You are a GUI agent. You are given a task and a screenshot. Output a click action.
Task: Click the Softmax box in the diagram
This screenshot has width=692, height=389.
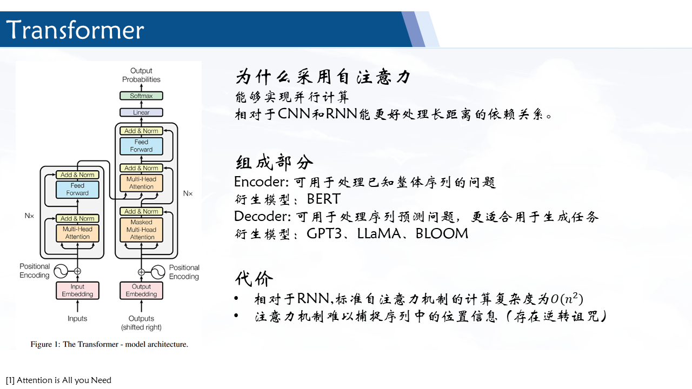(141, 96)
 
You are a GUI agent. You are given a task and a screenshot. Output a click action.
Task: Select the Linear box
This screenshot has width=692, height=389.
(141, 112)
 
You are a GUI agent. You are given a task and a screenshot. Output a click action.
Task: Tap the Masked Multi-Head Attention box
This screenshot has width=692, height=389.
(141, 230)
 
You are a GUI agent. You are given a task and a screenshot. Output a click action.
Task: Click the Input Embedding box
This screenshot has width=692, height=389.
(77, 291)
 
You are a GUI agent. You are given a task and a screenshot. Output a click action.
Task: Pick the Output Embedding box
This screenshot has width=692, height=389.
(141, 291)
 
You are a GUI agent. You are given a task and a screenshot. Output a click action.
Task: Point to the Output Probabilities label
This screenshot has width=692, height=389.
(141, 75)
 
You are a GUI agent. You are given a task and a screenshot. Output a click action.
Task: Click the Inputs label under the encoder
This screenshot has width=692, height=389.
(77, 318)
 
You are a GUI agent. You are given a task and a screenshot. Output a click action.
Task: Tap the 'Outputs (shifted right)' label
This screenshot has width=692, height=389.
(141, 323)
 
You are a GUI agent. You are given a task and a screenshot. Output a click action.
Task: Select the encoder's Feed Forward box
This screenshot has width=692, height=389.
(77, 189)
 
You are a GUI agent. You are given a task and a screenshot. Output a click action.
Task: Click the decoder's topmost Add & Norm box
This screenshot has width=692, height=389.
(141, 131)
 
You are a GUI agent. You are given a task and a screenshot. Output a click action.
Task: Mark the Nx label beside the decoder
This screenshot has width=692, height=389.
(188, 193)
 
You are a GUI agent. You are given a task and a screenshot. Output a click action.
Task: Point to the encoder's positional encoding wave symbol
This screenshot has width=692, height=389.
(61, 271)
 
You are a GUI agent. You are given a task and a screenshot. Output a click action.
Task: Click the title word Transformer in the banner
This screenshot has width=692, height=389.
(75, 30)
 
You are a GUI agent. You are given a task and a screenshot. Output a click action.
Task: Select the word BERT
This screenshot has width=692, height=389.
(323, 199)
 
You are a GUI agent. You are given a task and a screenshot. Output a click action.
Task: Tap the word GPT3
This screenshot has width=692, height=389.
(324, 234)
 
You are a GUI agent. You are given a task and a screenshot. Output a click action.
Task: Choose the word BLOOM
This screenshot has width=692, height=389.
(442, 234)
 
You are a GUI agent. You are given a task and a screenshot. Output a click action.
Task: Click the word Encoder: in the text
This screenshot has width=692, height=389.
(261, 182)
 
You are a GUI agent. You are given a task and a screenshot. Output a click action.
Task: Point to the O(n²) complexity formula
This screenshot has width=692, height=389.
(567, 299)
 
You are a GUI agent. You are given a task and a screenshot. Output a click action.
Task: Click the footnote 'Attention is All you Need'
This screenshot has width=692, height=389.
(64, 380)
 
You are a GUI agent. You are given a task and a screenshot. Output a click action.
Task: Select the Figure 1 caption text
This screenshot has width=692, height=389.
(109, 344)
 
